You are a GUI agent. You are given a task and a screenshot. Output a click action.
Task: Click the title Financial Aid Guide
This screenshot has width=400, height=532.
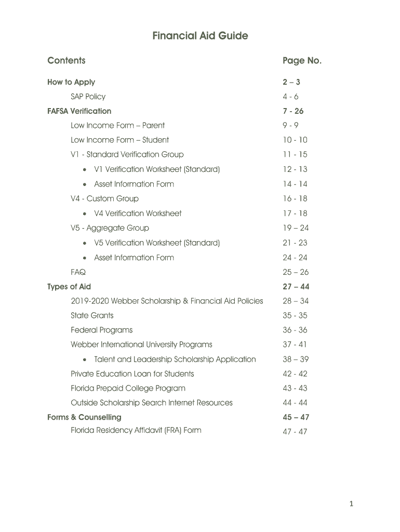tap(200, 36)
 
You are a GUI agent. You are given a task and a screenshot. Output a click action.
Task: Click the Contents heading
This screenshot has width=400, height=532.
tap(66, 61)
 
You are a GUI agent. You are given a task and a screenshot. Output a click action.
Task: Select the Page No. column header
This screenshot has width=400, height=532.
tap(302, 61)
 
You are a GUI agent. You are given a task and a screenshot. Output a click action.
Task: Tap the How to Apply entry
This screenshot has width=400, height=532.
tap(71, 82)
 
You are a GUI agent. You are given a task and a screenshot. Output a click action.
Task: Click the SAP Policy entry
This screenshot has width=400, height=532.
tap(88, 97)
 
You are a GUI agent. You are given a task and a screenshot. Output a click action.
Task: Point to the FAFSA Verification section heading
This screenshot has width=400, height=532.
tap(79, 111)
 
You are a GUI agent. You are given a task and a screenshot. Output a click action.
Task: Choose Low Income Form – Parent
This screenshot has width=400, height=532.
tap(117, 125)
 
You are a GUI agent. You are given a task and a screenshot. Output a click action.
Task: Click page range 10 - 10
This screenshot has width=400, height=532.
tap(295, 140)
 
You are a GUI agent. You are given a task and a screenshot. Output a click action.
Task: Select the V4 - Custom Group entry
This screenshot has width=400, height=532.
tap(104, 198)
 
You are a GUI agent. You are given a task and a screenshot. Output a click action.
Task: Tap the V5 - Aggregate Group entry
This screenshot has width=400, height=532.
tap(110, 228)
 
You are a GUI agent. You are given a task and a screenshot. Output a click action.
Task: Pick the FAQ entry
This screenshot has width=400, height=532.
tap(78, 272)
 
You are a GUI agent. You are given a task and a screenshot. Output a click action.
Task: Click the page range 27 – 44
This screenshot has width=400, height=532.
tap(296, 287)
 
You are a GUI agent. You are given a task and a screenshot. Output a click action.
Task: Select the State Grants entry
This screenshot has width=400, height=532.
tap(92, 315)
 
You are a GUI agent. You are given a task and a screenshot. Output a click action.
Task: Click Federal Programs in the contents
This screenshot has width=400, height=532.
tap(101, 330)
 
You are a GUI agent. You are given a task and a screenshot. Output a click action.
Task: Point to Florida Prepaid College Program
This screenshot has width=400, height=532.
tap(128, 388)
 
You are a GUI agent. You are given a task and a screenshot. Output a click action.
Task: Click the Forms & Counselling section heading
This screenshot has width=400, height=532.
tap(84, 417)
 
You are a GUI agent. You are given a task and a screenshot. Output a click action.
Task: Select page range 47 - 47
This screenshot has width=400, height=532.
tap(295, 432)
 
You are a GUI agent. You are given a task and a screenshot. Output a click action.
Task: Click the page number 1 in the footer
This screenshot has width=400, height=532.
tap(351, 503)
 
